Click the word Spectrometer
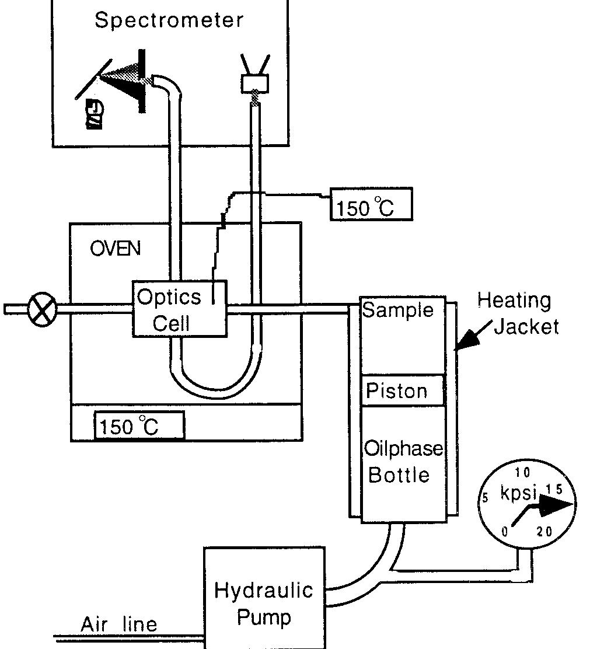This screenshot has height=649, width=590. click(169, 20)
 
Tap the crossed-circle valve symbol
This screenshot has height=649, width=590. click(42, 309)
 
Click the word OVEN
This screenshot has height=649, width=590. click(115, 249)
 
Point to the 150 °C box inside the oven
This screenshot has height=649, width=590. click(139, 425)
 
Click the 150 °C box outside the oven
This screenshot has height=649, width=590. click(371, 204)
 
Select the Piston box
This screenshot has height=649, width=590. click(403, 390)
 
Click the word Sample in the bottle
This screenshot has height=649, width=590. click(398, 310)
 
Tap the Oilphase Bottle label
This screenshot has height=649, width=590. click(403, 462)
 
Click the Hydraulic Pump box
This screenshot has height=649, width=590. click(263, 603)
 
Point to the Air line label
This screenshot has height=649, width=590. click(119, 624)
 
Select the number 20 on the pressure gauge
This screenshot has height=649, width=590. click(543, 531)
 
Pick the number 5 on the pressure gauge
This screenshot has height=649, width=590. click(484, 498)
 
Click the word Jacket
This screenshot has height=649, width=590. click(526, 326)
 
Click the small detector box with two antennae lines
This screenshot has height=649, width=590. click(255, 83)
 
